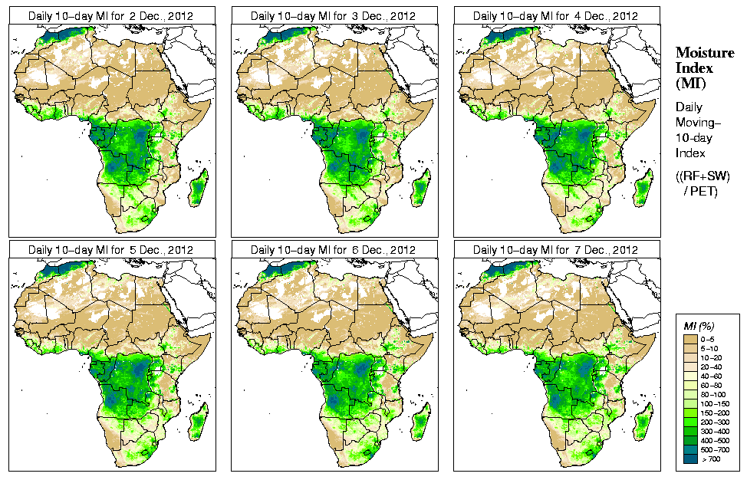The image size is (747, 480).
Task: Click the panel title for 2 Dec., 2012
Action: pos(111,15)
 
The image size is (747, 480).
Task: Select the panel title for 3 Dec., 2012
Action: pos(334,15)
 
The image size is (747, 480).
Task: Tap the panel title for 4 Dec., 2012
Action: pos(556,15)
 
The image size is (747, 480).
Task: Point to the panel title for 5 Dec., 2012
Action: pos(111,250)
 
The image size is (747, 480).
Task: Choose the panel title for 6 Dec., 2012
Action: pos(334,250)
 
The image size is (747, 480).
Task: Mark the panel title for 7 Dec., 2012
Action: pos(556,250)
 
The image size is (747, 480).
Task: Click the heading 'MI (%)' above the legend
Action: pos(697,327)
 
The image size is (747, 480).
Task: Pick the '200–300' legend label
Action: pos(712,422)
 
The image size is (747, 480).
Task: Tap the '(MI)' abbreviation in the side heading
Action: pos(688,82)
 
